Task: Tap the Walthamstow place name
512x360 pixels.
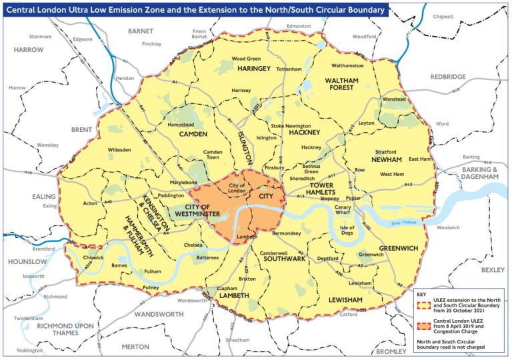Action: [x=347, y=66]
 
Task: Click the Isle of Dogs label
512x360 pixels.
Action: [x=348, y=231]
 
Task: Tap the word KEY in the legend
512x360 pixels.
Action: [x=421, y=293]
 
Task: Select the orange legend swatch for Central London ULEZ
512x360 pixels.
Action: [x=422, y=327]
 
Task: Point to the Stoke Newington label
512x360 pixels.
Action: [x=290, y=125]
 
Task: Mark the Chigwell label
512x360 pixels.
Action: [x=442, y=16]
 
